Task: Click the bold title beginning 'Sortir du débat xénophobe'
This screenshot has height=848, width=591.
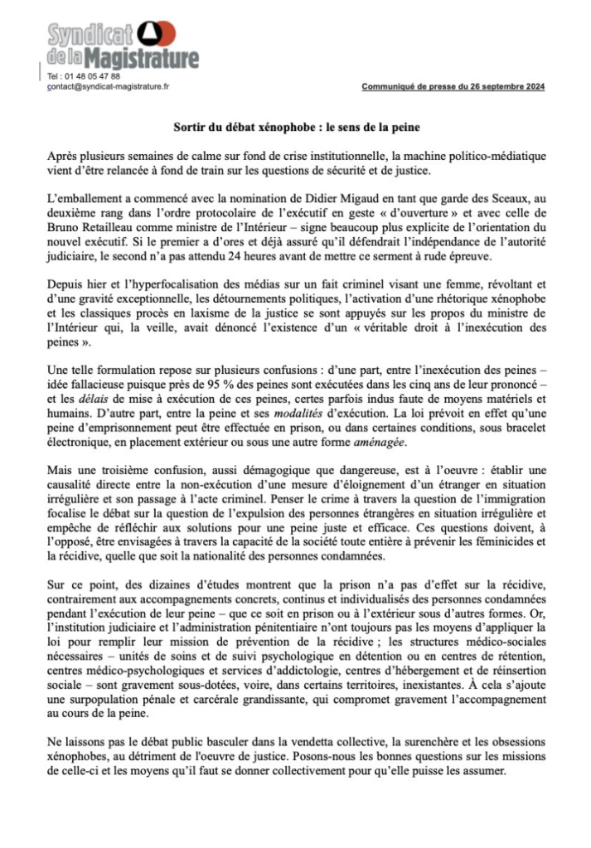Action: pyautogui.click(x=296, y=128)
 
